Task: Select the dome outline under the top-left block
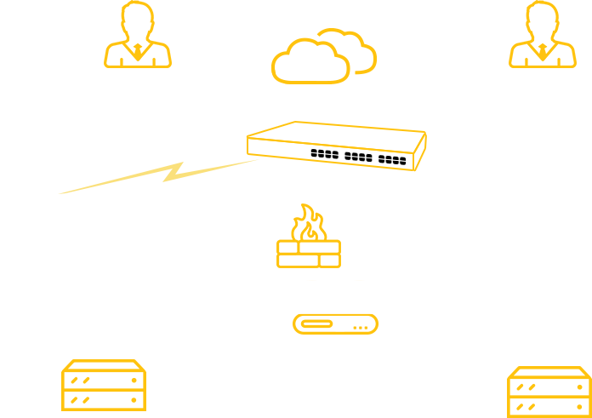tap(137, 55)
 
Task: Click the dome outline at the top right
tap(542, 55)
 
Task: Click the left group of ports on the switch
tap(326, 154)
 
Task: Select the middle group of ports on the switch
tap(359, 157)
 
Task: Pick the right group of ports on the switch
tap(392, 159)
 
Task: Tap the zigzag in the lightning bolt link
tap(174, 172)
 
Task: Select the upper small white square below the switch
tap(334, 246)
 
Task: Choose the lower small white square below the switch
tap(334, 259)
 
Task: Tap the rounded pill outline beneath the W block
tap(335, 324)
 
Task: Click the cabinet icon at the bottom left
tap(103, 388)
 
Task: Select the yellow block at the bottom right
tap(548, 392)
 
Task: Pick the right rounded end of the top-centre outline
tap(372, 60)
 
